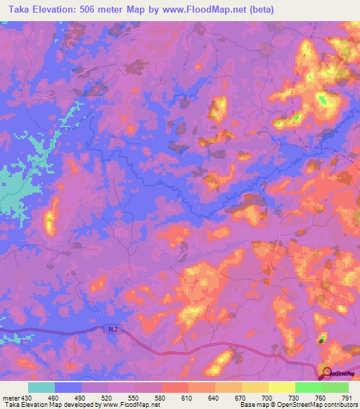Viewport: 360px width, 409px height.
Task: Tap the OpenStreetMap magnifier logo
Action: (x=327, y=372)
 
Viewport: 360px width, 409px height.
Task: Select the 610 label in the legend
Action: (x=188, y=398)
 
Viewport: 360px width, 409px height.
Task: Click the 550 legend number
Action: (x=135, y=398)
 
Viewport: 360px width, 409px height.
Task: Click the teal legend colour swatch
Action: (x=41, y=387)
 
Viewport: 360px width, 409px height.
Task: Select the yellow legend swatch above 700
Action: (x=255, y=387)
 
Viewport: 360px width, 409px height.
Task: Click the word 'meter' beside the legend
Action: (x=11, y=398)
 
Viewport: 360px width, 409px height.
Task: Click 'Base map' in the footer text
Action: (x=256, y=405)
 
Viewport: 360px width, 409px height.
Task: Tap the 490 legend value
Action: (x=82, y=398)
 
